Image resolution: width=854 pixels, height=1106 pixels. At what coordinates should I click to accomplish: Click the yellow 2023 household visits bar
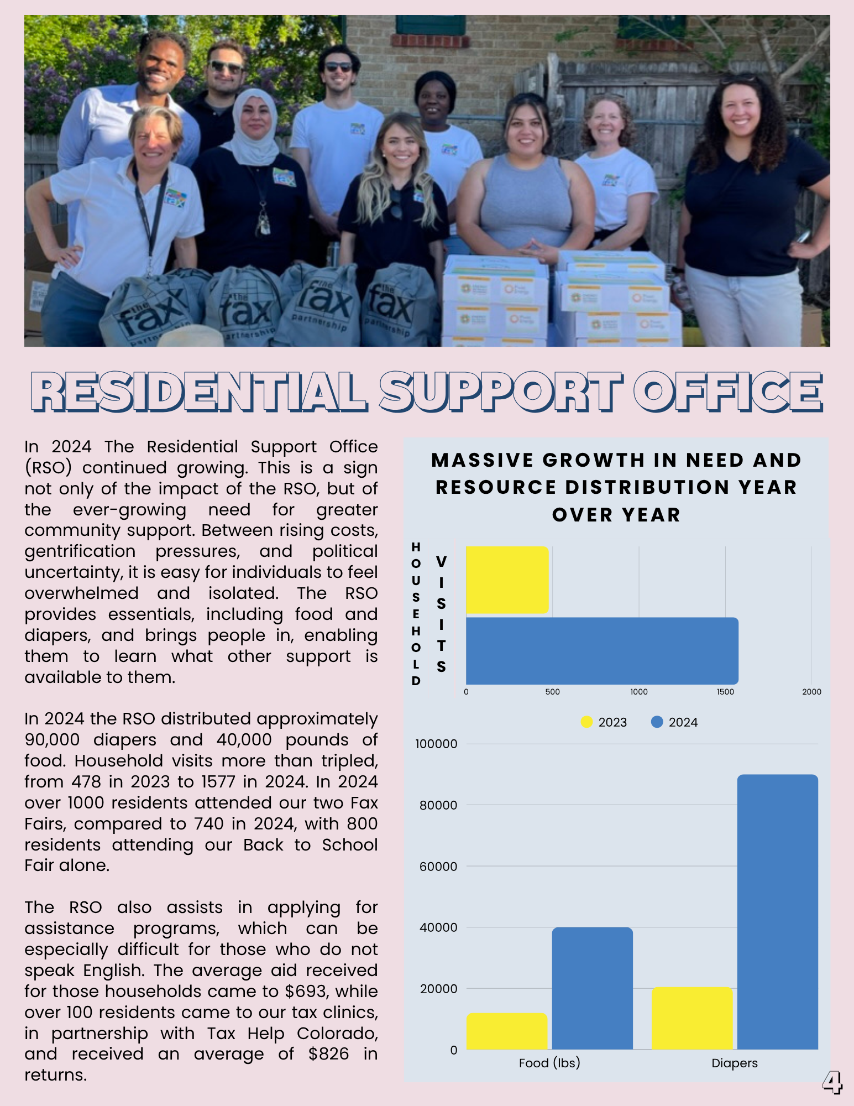507,580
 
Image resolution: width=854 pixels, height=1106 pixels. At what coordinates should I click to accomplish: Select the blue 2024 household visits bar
602,651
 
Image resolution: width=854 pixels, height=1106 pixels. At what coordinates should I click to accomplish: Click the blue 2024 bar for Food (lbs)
592,988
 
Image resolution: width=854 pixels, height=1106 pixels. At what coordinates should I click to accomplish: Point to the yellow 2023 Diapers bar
692,1018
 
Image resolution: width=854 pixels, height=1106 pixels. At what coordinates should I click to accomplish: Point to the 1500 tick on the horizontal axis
725,692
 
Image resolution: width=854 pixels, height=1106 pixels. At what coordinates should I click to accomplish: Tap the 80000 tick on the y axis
438,805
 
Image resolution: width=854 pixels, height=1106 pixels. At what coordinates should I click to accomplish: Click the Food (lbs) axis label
549,1063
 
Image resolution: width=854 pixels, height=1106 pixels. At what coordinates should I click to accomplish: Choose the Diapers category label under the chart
734,1063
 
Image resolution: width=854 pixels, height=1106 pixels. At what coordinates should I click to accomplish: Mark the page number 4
832,1082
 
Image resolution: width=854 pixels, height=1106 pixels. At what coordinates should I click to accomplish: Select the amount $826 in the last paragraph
329,1054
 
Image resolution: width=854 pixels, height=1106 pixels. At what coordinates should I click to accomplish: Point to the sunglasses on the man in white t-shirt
338,67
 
